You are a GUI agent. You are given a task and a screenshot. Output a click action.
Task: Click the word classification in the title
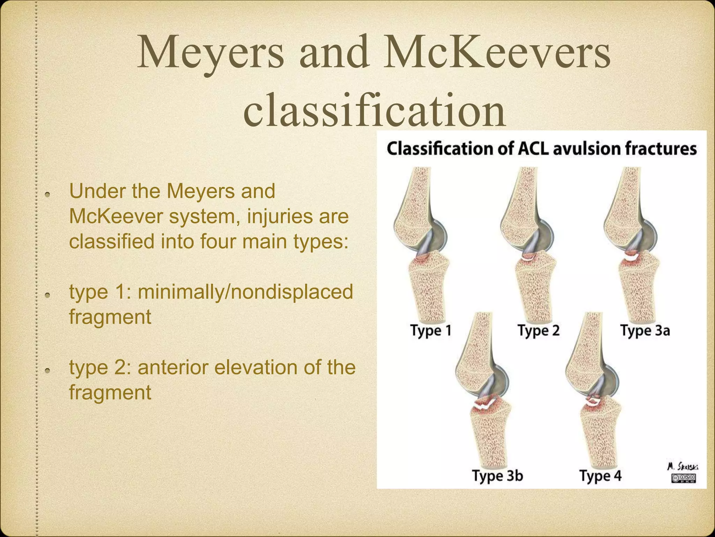click(374, 109)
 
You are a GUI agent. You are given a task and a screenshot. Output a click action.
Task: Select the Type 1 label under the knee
click(430, 330)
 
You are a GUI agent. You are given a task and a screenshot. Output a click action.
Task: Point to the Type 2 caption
click(538, 330)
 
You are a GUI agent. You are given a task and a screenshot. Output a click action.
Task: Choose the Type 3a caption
click(645, 330)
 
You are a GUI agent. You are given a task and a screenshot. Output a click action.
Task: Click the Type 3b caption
click(497, 476)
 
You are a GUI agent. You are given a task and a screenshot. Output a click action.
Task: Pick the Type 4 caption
click(600, 476)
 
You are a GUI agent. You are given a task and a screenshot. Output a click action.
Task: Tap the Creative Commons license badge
click(684, 478)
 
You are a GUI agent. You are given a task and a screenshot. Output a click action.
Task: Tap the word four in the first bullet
click(221, 242)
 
